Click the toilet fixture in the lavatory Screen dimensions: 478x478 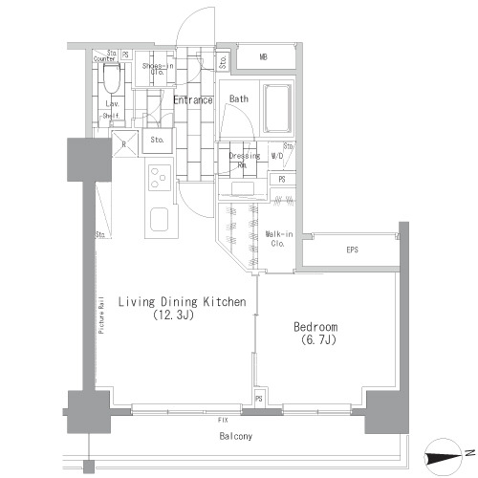pos(111,76)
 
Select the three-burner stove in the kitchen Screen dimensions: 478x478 pos(158,179)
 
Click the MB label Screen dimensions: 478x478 pos(263,57)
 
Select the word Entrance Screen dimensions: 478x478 pos(192,98)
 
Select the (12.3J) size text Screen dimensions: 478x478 pos(174,315)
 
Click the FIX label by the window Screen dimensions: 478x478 pos(222,418)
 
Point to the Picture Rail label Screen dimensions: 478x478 pos(100,315)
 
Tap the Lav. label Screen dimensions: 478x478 pos(111,102)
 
